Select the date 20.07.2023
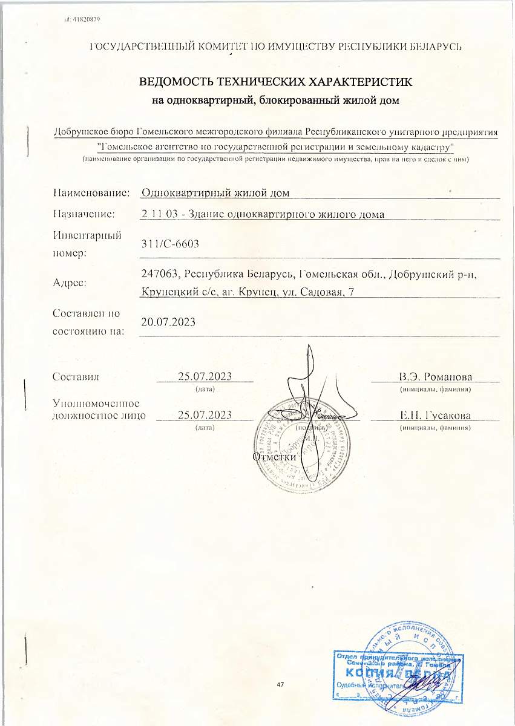point(168,322)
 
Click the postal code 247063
point(160,275)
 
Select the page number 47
point(280,684)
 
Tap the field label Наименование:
point(91,193)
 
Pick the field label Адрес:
point(70,283)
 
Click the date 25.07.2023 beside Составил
point(205,377)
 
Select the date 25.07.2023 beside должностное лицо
point(205,414)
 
